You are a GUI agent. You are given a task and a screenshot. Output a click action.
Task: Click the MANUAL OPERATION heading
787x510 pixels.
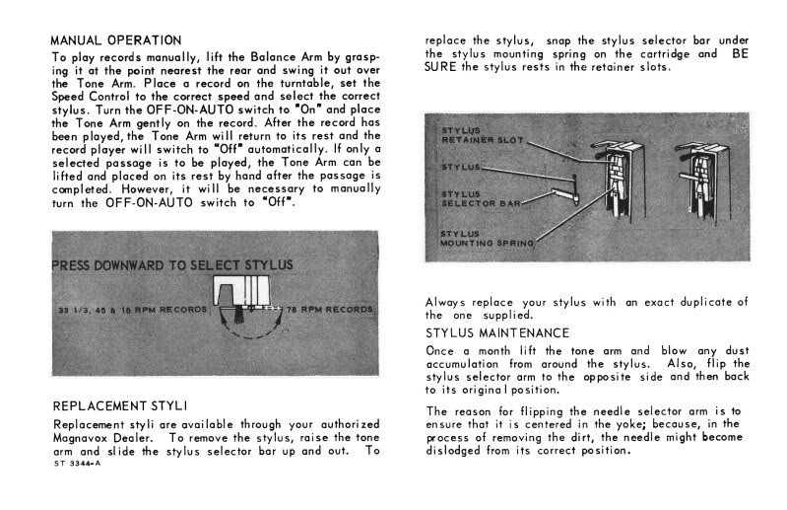coord(116,40)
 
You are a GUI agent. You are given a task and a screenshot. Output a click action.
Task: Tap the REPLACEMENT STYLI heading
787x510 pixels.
coord(120,405)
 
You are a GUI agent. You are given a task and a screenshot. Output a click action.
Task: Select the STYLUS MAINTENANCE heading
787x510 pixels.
coord(497,333)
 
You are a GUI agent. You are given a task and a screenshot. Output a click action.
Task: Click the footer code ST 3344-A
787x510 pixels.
coord(77,464)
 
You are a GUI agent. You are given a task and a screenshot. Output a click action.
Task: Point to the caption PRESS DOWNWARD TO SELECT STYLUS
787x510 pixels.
coord(172,265)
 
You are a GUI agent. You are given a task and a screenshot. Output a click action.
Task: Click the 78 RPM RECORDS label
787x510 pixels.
coord(330,310)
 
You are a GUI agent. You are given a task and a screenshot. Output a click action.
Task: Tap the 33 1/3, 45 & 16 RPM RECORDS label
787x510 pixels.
coord(133,310)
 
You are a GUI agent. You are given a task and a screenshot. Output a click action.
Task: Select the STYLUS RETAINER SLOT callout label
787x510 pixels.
coord(483,136)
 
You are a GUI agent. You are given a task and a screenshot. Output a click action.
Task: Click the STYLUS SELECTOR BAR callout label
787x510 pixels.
coord(481,199)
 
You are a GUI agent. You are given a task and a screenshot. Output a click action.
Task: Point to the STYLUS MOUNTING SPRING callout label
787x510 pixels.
coord(487,239)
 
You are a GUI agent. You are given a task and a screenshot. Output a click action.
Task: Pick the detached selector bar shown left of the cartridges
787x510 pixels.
coord(564,195)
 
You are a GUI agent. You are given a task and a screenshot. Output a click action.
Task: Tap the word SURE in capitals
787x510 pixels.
coord(440,67)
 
